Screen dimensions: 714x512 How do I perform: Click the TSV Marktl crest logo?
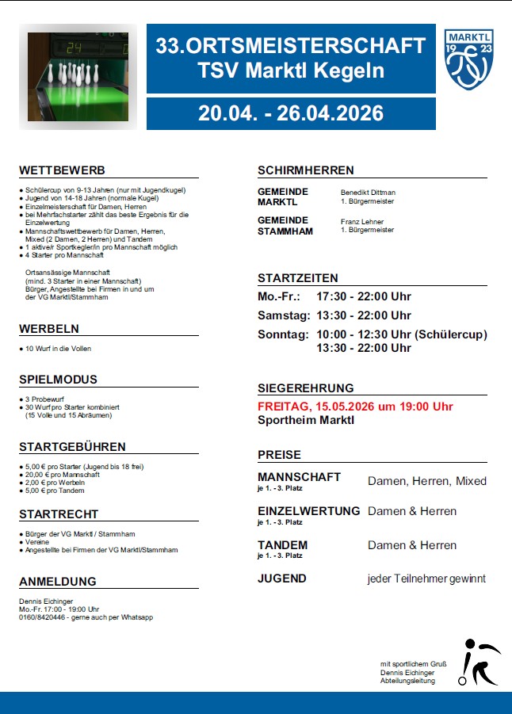pos(470,59)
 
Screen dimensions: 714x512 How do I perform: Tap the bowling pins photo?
pos(78,78)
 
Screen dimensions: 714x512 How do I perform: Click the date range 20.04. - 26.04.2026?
pos(291,113)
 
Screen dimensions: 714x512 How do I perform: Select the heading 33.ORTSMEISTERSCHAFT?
pos(291,46)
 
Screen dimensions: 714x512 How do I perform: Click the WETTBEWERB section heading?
pos(62,170)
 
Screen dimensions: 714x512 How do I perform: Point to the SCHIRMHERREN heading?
pos(305,170)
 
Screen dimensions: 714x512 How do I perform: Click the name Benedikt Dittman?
pos(368,193)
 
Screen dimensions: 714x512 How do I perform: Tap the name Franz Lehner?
pos(361,222)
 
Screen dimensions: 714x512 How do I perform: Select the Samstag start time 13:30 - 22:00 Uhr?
pos(363,315)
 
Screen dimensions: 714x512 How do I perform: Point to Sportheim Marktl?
pos(305,419)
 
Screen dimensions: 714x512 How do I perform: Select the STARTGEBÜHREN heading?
pos(72,447)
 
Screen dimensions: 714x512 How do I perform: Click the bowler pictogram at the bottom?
pos(479,662)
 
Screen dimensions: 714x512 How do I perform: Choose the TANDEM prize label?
pos(282,545)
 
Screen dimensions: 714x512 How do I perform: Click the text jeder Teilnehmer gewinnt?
pos(426,578)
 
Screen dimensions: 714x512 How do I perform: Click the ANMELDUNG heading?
pos(57,581)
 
